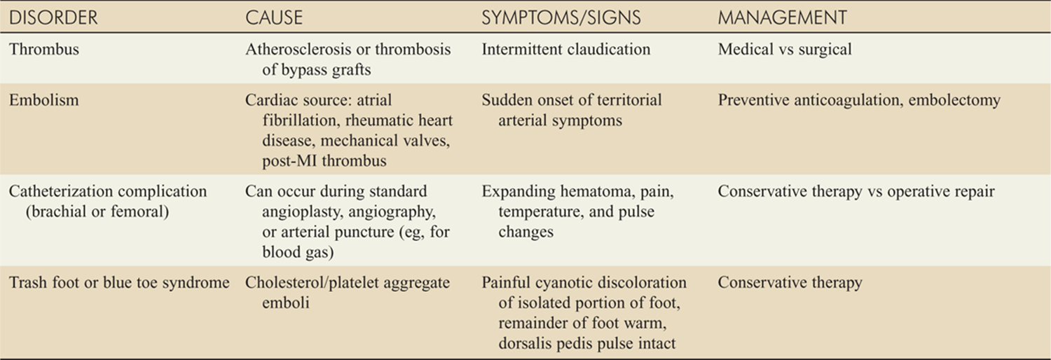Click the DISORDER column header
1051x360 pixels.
click(x=53, y=18)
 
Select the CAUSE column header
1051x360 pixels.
click(x=274, y=18)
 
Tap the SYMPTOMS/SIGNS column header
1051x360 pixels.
click(x=561, y=18)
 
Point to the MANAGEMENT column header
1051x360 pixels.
click(x=783, y=18)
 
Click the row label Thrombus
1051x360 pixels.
click(x=44, y=49)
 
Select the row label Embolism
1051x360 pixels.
click(x=44, y=100)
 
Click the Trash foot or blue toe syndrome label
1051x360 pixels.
click(x=119, y=283)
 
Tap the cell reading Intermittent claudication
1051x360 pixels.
click(x=566, y=49)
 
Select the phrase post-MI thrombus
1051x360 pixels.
click(x=324, y=161)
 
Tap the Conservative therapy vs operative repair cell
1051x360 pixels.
click(x=856, y=192)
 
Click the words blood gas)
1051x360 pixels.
click(x=298, y=253)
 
